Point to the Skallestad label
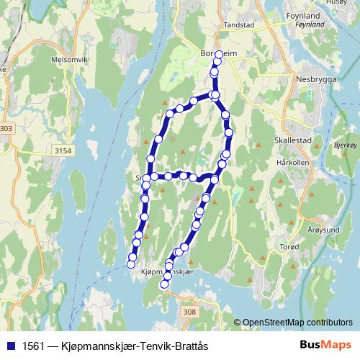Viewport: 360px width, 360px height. pyautogui.click(x=292, y=141)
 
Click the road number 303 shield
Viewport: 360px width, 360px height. pyautogui.click(x=6, y=128)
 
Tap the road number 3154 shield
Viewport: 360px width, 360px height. pyautogui.click(x=63, y=150)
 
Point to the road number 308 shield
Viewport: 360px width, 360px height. pyautogui.click(x=189, y=311)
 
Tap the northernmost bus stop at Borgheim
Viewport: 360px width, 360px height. pyautogui.click(x=220, y=54)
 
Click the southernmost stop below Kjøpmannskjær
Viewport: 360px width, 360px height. pyautogui.click(x=164, y=284)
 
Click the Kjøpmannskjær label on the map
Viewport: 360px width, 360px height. pyautogui.click(x=168, y=272)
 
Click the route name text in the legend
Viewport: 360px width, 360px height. pyautogui.click(x=114, y=346)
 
